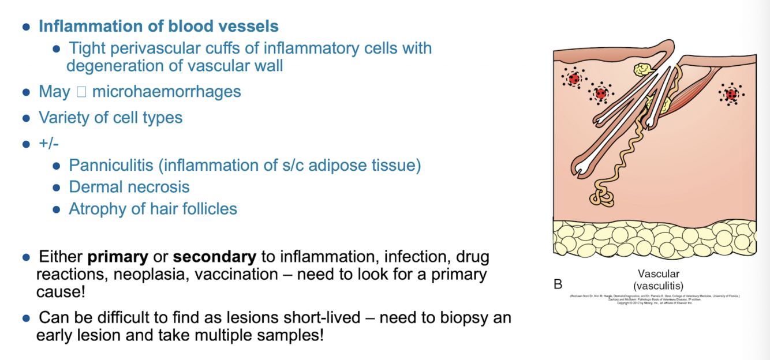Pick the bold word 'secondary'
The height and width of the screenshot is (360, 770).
(x=214, y=257)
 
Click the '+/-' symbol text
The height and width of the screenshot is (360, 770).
(x=49, y=143)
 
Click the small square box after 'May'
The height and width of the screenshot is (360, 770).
(x=81, y=92)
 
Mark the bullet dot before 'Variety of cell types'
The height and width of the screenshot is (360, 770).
(x=26, y=118)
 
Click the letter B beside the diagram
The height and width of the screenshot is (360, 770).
(x=558, y=284)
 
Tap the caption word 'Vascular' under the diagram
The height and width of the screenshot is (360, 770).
(x=659, y=273)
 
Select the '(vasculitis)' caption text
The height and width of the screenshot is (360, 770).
(x=658, y=285)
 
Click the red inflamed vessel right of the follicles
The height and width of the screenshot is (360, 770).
(x=732, y=94)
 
